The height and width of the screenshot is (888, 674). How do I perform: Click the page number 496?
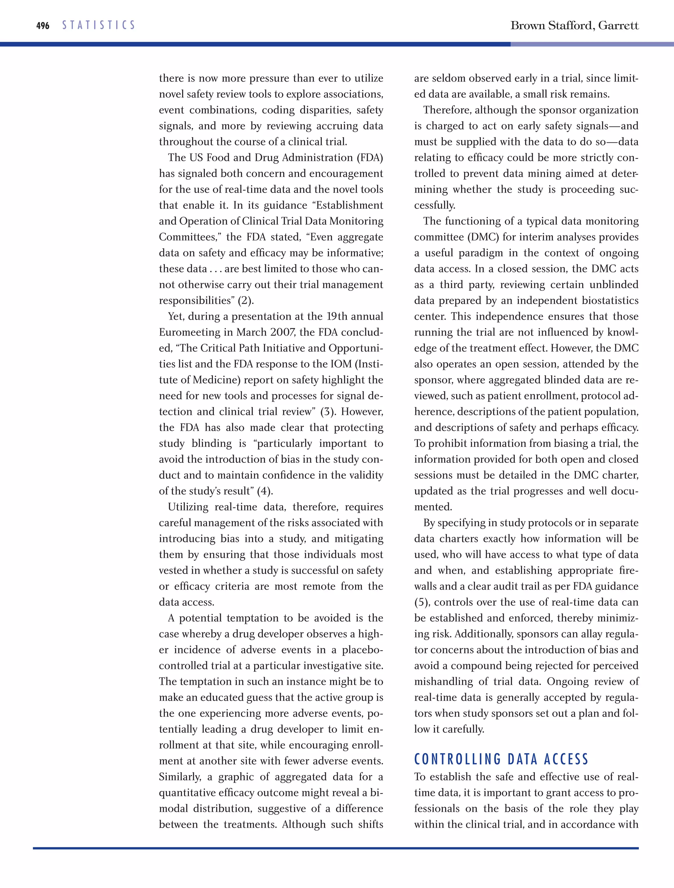(x=42, y=26)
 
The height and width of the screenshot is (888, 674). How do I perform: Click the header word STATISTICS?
(x=98, y=25)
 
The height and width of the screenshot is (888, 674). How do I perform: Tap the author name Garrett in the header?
(x=618, y=26)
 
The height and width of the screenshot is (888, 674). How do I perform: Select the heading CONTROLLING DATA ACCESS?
(x=501, y=759)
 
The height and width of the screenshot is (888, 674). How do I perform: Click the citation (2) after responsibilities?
(x=246, y=300)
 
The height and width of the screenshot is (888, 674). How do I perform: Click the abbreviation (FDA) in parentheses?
(x=370, y=157)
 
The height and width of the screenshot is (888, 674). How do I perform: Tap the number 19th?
(x=337, y=316)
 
